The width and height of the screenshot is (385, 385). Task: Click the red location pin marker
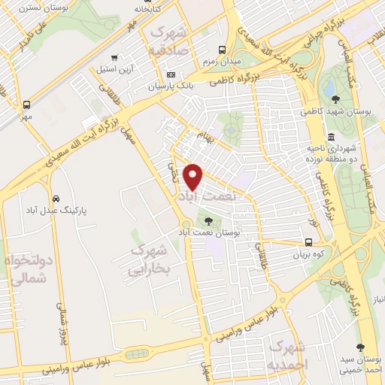(x=194, y=177)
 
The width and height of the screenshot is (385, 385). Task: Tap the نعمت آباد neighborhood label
(x=205, y=195)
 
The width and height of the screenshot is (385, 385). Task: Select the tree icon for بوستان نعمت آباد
(x=208, y=221)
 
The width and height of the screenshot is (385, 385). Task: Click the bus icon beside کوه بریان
(x=309, y=242)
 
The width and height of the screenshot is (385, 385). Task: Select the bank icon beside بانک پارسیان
(x=171, y=75)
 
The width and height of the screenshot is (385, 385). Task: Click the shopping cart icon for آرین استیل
(x=113, y=57)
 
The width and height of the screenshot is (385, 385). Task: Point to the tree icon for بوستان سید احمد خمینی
(x=362, y=347)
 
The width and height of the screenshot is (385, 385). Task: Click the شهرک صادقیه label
(x=171, y=41)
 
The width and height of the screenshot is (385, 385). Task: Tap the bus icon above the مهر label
(x=27, y=105)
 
